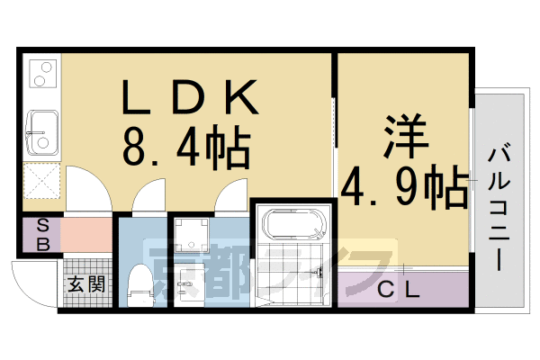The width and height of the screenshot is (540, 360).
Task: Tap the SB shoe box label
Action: coord(41,235)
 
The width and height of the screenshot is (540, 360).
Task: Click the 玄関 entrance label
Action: coord(86,284)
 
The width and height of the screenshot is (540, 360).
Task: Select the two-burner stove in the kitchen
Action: coord(42,75)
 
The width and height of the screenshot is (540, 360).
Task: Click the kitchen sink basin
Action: coord(41,130)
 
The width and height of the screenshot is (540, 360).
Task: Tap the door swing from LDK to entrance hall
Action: coord(88,191)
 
